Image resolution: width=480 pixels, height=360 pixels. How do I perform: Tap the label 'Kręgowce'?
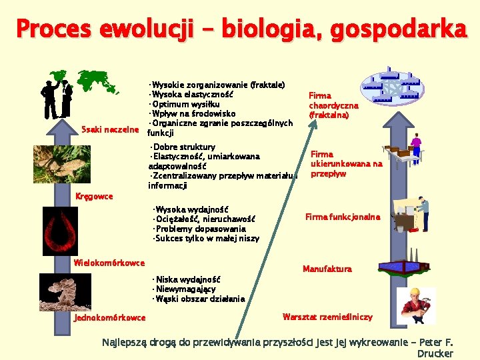[93, 196]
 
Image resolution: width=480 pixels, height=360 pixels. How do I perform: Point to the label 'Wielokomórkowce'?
[109, 262]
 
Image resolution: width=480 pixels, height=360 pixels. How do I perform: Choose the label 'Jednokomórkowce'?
[109, 317]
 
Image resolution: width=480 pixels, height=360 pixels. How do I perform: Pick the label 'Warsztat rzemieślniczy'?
[327, 317]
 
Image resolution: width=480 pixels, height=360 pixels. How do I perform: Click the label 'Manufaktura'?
[327, 269]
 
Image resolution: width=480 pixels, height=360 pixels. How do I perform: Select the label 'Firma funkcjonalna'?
[343, 217]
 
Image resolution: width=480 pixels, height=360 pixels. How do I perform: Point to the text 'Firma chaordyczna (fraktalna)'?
[333, 105]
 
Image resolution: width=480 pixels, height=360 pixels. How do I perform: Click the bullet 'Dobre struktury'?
[183, 147]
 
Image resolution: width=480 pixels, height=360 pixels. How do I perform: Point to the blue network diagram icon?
[391, 85]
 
